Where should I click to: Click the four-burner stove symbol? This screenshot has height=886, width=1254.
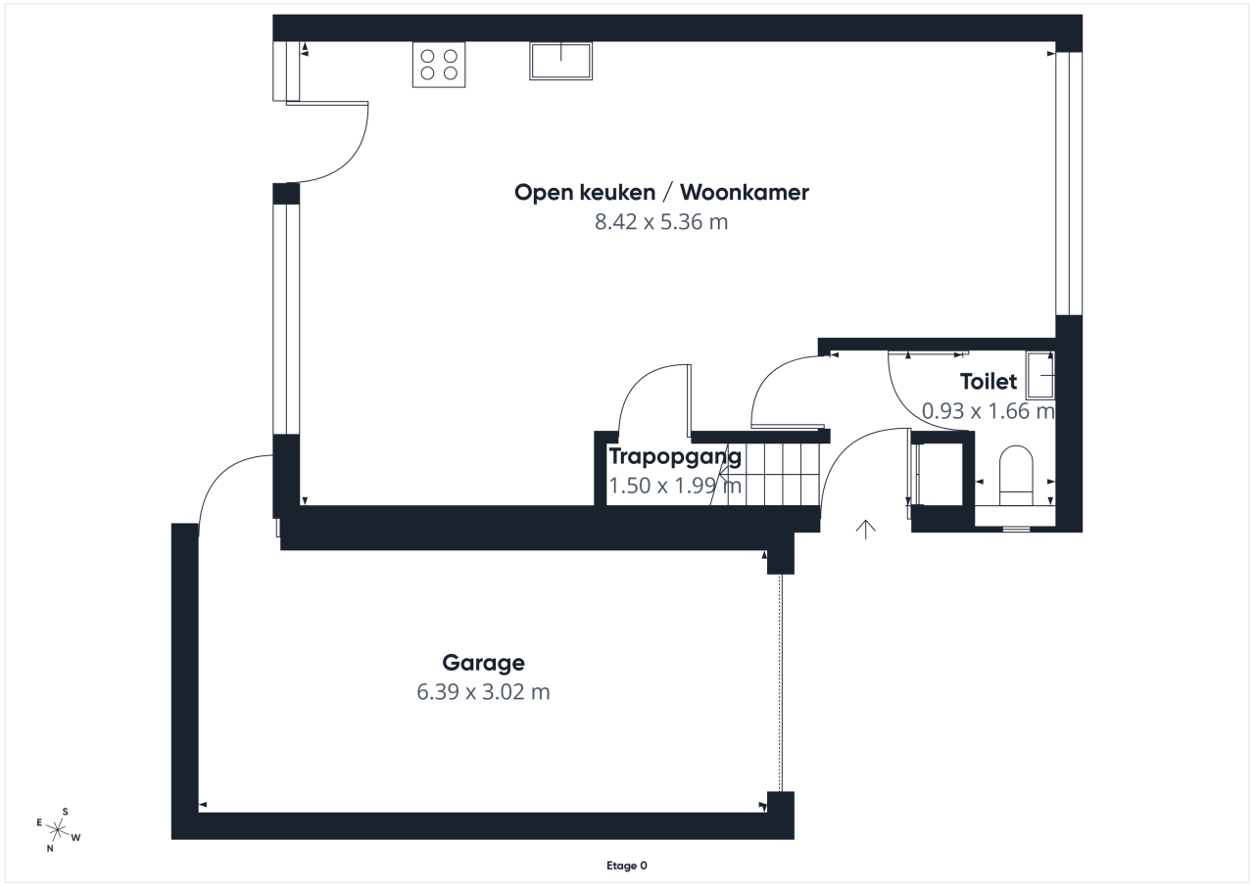click(x=439, y=65)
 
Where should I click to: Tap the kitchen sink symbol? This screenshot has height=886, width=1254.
click(x=561, y=61)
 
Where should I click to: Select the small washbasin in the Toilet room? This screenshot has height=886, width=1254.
click(x=1040, y=375)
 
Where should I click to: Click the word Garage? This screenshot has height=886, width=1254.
click(x=484, y=663)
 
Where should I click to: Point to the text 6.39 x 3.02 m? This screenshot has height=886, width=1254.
click(x=484, y=692)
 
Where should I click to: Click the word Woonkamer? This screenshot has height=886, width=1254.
click(x=745, y=193)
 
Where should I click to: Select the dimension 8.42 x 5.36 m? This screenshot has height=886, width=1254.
click(x=661, y=222)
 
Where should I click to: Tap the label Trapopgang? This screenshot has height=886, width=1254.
click(x=675, y=457)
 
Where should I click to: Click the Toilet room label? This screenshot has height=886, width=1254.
click(x=989, y=382)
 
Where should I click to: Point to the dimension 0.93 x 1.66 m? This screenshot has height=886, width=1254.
click(x=989, y=411)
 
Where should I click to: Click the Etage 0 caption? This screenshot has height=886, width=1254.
click(x=627, y=865)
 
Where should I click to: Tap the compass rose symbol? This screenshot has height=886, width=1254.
click(x=58, y=830)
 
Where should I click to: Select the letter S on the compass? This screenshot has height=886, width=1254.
click(x=65, y=812)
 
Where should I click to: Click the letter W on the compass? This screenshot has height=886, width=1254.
click(x=76, y=837)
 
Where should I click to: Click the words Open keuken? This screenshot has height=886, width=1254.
click(x=585, y=193)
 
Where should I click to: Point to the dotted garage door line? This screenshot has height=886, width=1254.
click(x=781, y=683)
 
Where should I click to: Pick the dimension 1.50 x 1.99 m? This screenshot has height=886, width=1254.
click(x=675, y=486)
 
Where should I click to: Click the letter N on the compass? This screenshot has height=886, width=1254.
click(x=50, y=849)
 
